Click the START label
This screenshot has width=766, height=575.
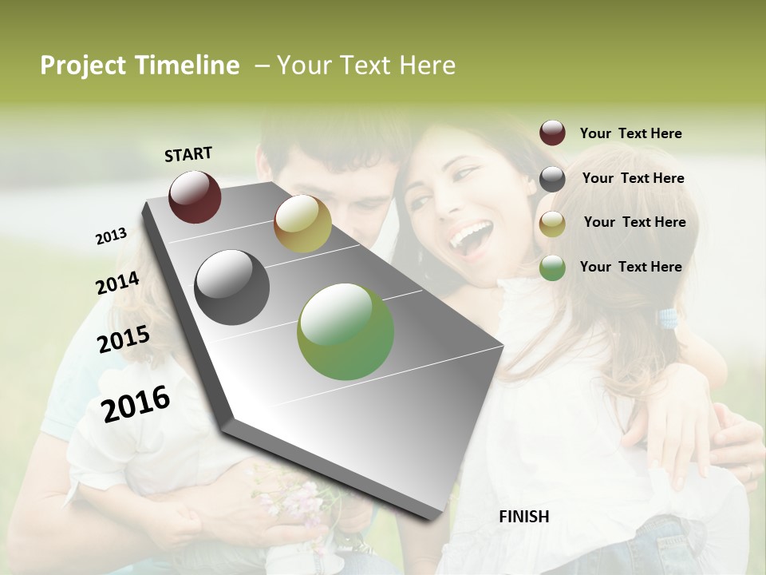point(188,154)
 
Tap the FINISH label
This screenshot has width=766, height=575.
point(523,517)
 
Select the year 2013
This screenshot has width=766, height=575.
point(111,236)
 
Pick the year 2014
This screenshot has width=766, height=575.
point(117,283)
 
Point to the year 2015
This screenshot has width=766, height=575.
point(124,339)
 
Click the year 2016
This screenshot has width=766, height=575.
point(136,403)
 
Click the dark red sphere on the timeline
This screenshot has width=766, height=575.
point(195,196)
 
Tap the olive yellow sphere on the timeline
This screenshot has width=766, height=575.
point(302,224)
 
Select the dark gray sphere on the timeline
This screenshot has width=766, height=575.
point(232,287)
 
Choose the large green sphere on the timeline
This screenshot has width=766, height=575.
point(345,331)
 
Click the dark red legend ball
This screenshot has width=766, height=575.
point(552,133)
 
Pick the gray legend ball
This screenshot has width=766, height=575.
point(552,179)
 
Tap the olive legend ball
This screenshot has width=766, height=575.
point(552,224)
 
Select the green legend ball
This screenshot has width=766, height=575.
point(552,268)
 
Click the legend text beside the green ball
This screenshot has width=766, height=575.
point(630,267)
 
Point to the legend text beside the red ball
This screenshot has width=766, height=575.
point(630,133)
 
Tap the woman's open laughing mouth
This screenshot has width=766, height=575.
point(469,238)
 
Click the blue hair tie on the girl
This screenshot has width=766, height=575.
point(667,319)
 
